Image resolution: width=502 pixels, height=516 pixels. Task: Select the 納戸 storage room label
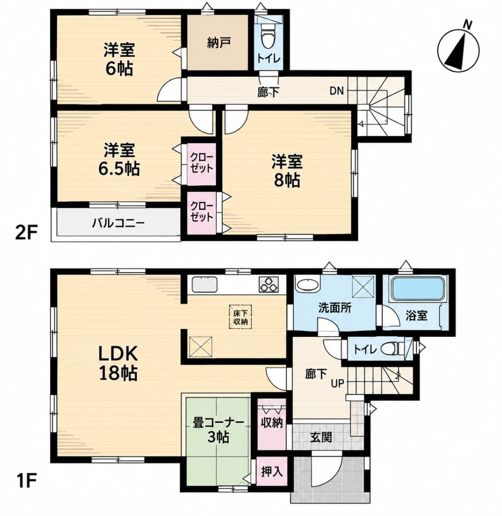pyautogui.click(x=219, y=43)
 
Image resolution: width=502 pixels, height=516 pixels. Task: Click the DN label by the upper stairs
pyautogui.click(x=337, y=91)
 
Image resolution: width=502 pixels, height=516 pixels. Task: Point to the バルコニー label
pyautogui.click(x=118, y=223)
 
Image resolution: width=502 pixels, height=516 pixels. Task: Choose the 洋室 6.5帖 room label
pyautogui.click(x=119, y=159)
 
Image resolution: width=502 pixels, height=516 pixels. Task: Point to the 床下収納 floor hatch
pyautogui.click(x=240, y=317)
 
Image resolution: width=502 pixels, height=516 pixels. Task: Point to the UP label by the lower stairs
pyautogui.click(x=337, y=383)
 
